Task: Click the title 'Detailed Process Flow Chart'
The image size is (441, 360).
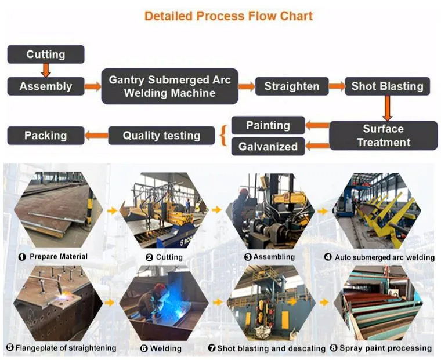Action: (x=228, y=16)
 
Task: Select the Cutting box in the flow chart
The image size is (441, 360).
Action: (x=46, y=54)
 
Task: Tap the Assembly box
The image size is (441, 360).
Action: (x=46, y=86)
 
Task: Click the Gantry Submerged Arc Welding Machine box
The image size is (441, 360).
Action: (x=170, y=86)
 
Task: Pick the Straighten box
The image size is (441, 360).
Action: (x=292, y=86)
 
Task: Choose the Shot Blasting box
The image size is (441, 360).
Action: (x=387, y=86)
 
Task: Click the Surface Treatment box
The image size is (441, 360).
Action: (x=384, y=136)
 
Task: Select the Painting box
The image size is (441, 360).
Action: (x=268, y=125)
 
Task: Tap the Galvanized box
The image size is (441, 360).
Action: (x=268, y=147)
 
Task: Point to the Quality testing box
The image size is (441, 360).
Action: (x=161, y=136)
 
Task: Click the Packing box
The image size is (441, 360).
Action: (x=46, y=136)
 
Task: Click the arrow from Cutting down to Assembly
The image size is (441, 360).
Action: (x=46, y=70)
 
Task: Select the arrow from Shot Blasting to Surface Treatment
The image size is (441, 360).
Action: (x=387, y=108)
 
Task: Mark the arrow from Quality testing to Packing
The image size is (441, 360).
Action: (x=96, y=136)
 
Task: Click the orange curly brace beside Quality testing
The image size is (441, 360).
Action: (x=224, y=136)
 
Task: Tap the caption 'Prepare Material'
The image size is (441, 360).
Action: (x=59, y=257)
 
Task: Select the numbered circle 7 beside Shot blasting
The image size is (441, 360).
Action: (x=212, y=348)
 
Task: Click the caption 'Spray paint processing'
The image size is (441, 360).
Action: (x=385, y=348)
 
